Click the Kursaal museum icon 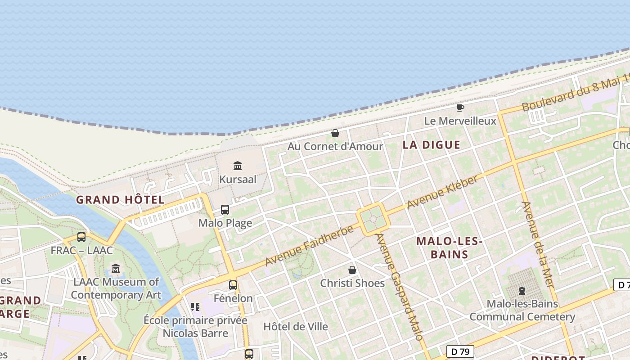(x=238, y=166)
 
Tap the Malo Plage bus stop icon (x=225, y=210)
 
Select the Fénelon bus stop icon (x=233, y=285)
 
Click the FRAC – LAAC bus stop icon (x=81, y=237)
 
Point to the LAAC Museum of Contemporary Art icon (x=116, y=269)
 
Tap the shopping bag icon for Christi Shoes (x=352, y=270)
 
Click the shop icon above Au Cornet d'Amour (x=335, y=133)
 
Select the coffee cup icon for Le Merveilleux (x=460, y=108)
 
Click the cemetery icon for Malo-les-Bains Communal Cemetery (x=522, y=291)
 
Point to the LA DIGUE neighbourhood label (x=432, y=145)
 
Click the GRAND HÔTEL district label (x=120, y=200)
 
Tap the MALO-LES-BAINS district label (x=449, y=248)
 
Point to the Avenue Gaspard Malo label (x=399, y=287)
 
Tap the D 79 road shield (x=460, y=351)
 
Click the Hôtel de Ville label (x=296, y=327)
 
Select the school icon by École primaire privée (x=195, y=307)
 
